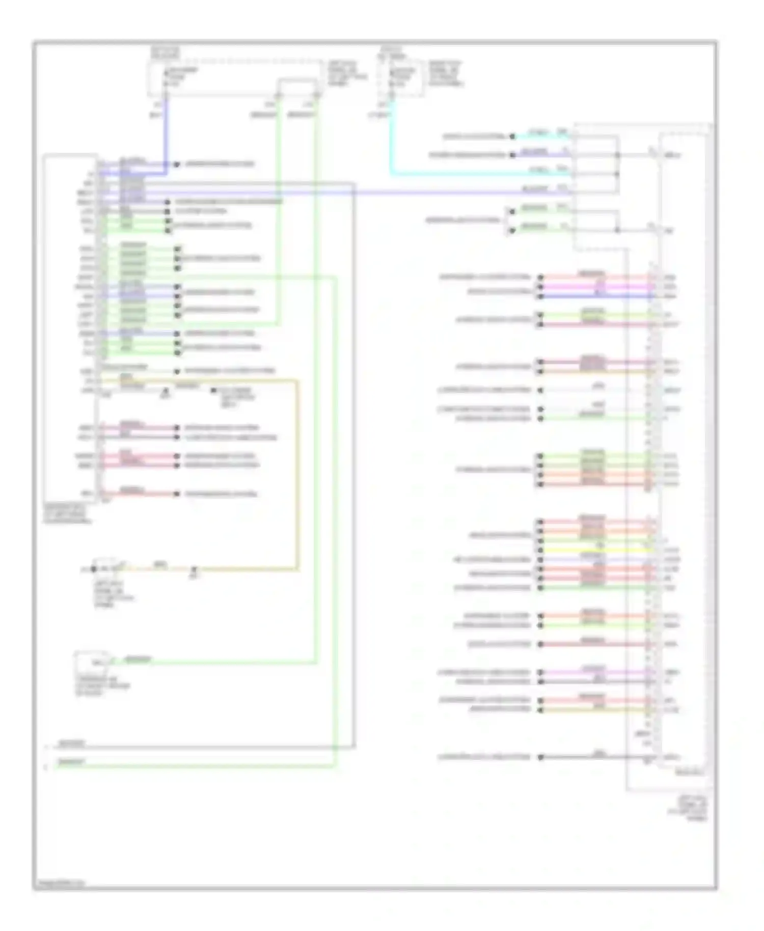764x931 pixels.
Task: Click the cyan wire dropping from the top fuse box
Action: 391,138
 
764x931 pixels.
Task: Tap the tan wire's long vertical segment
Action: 297,474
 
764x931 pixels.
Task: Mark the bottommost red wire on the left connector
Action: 138,494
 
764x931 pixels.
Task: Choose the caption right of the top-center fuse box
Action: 446,74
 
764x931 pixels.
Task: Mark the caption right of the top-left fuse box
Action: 346,74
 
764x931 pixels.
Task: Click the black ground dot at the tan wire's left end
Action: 94,569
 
